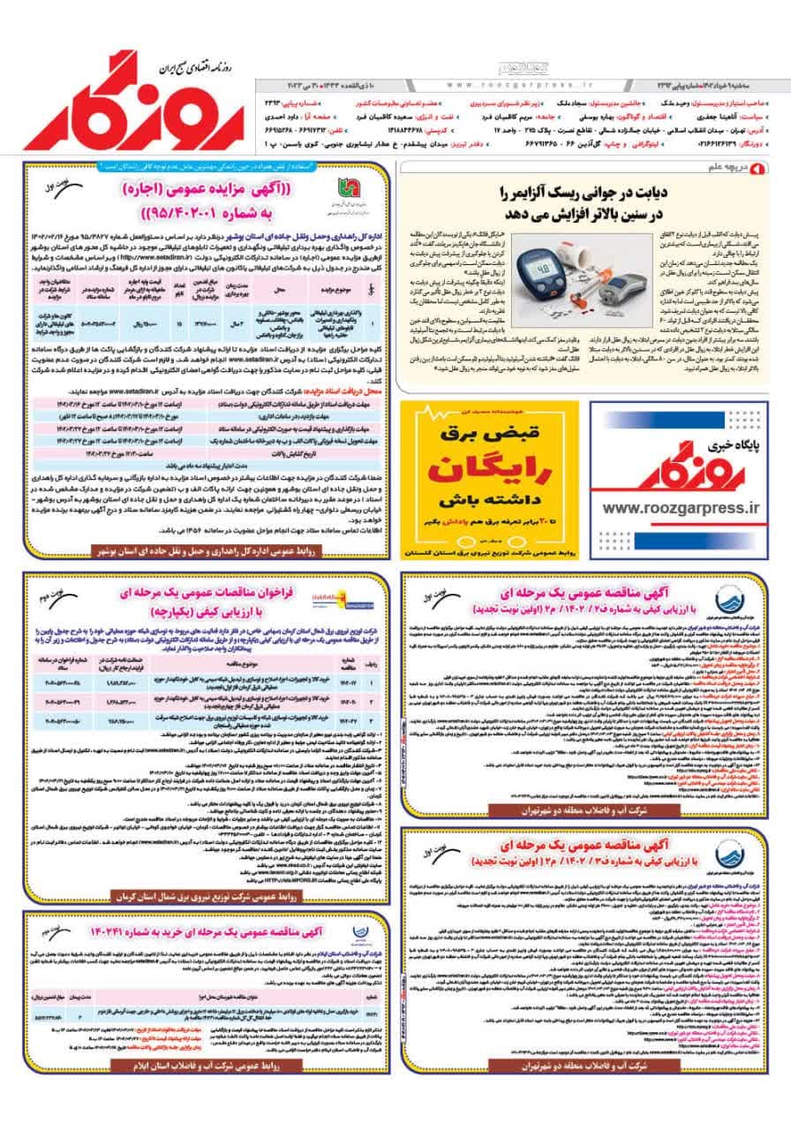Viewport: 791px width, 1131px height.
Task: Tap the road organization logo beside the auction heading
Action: [339, 191]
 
